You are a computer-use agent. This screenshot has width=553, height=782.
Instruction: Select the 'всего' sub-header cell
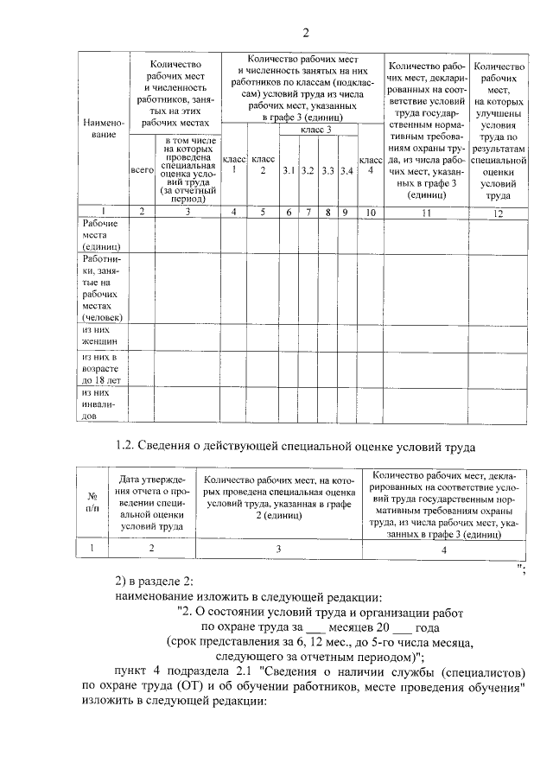141,171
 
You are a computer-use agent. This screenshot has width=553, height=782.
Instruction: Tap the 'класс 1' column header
233,164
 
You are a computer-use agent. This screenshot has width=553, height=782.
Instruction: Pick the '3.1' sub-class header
289,171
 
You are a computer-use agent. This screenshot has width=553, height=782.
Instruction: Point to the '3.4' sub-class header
346,171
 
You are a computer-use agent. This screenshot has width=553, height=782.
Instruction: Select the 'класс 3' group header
317,130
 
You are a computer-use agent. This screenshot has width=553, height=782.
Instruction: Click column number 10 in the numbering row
371,212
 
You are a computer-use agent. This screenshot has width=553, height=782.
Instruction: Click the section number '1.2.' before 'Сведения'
126,447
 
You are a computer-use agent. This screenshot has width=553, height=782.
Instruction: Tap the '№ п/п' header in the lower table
92,502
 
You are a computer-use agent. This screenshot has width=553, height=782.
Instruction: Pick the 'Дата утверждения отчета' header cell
151,502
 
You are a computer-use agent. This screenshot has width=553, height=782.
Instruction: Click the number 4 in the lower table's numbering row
444,548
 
